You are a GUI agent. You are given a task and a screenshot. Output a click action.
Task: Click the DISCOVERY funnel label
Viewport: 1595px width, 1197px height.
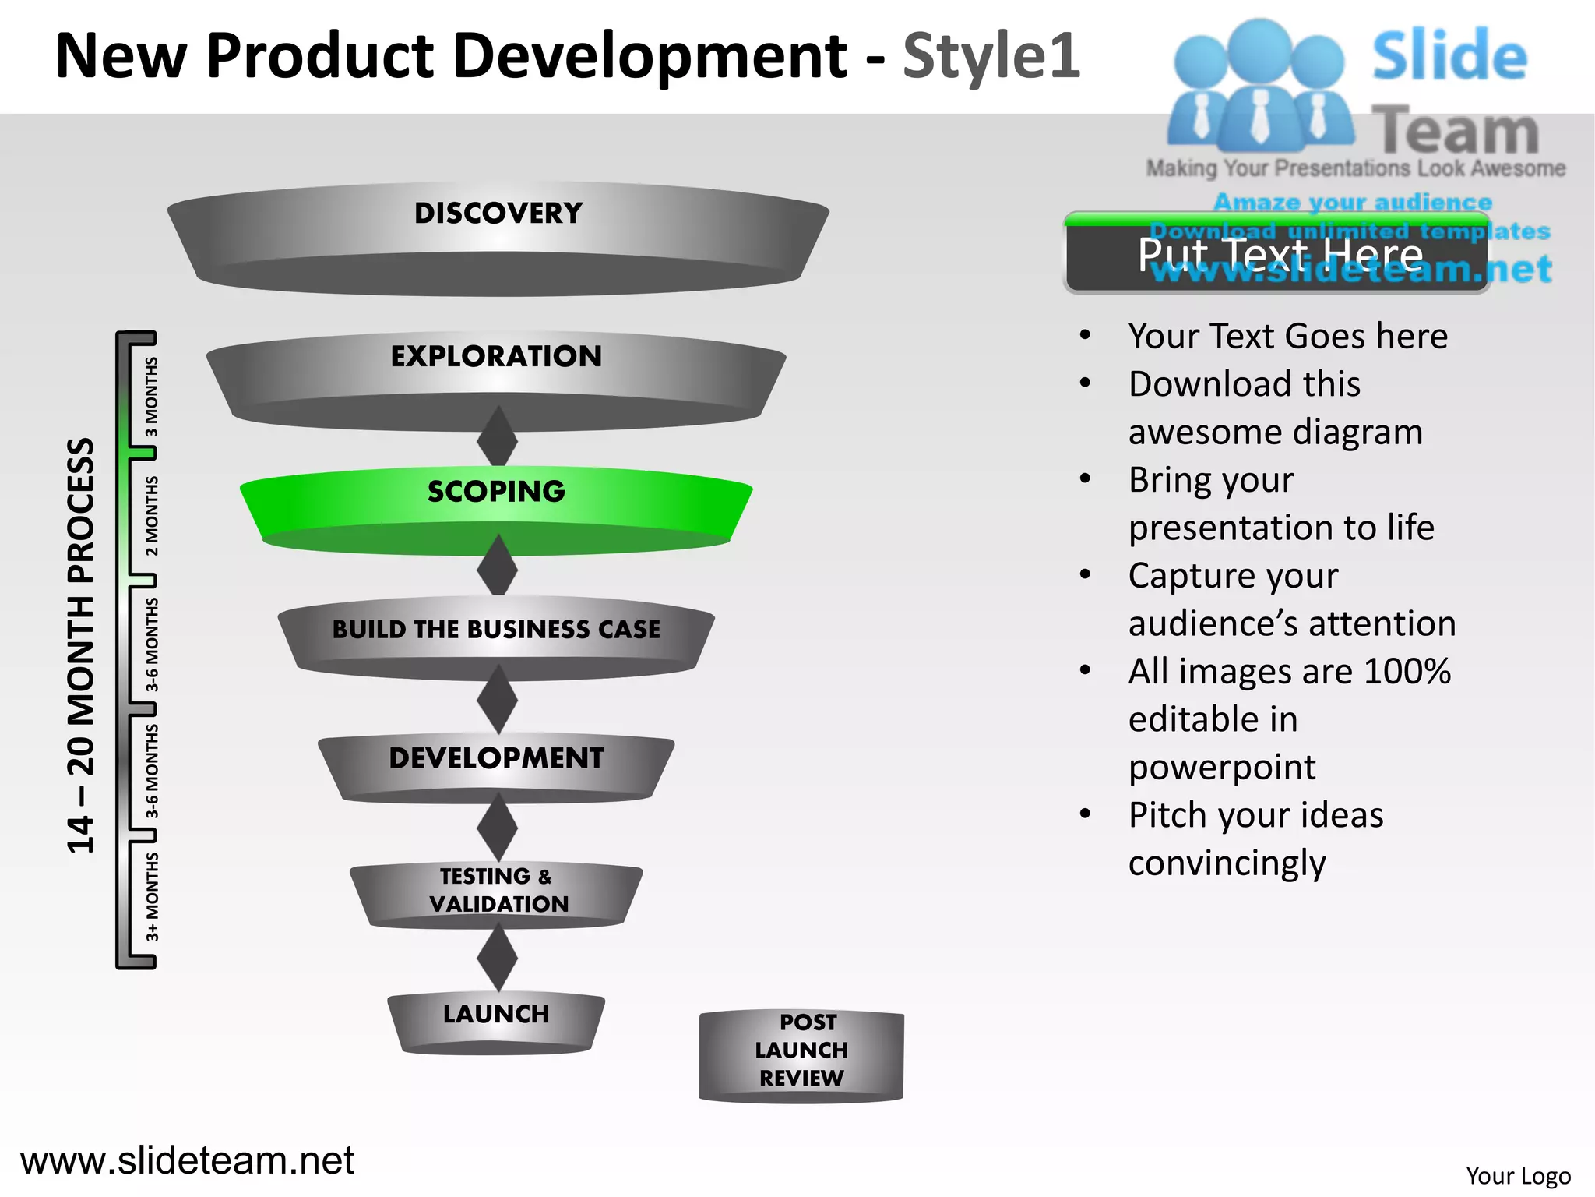(x=498, y=213)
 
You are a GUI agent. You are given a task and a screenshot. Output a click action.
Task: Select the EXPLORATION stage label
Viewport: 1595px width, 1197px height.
(x=496, y=356)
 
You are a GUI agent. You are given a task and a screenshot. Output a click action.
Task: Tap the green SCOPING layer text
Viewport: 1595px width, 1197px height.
(x=496, y=492)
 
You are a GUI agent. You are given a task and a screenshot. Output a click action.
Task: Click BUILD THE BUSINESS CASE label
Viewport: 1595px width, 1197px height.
(x=496, y=629)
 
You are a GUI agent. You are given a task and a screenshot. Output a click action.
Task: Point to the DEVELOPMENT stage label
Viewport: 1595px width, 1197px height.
(x=496, y=757)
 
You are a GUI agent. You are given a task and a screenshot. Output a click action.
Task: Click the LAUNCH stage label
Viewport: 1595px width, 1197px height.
(x=496, y=1014)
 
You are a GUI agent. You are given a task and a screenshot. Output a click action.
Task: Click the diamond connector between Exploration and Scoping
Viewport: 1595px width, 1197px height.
(x=497, y=440)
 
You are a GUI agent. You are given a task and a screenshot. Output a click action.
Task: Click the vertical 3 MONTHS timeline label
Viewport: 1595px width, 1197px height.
(x=152, y=397)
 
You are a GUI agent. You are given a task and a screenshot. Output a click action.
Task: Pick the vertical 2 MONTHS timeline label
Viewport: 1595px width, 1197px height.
(x=152, y=516)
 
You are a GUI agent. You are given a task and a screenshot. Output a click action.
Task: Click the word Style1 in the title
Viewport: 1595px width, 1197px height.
(x=991, y=56)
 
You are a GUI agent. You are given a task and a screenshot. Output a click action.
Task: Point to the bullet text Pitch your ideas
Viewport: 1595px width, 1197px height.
(x=1255, y=815)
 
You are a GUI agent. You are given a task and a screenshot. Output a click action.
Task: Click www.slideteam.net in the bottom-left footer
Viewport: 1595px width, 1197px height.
(x=187, y=1160)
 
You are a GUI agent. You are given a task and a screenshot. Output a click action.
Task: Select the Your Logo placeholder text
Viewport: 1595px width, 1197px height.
(x=1518, y=1175)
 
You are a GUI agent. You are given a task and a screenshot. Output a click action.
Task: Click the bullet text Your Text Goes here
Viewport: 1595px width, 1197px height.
(x=1287, y=337)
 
